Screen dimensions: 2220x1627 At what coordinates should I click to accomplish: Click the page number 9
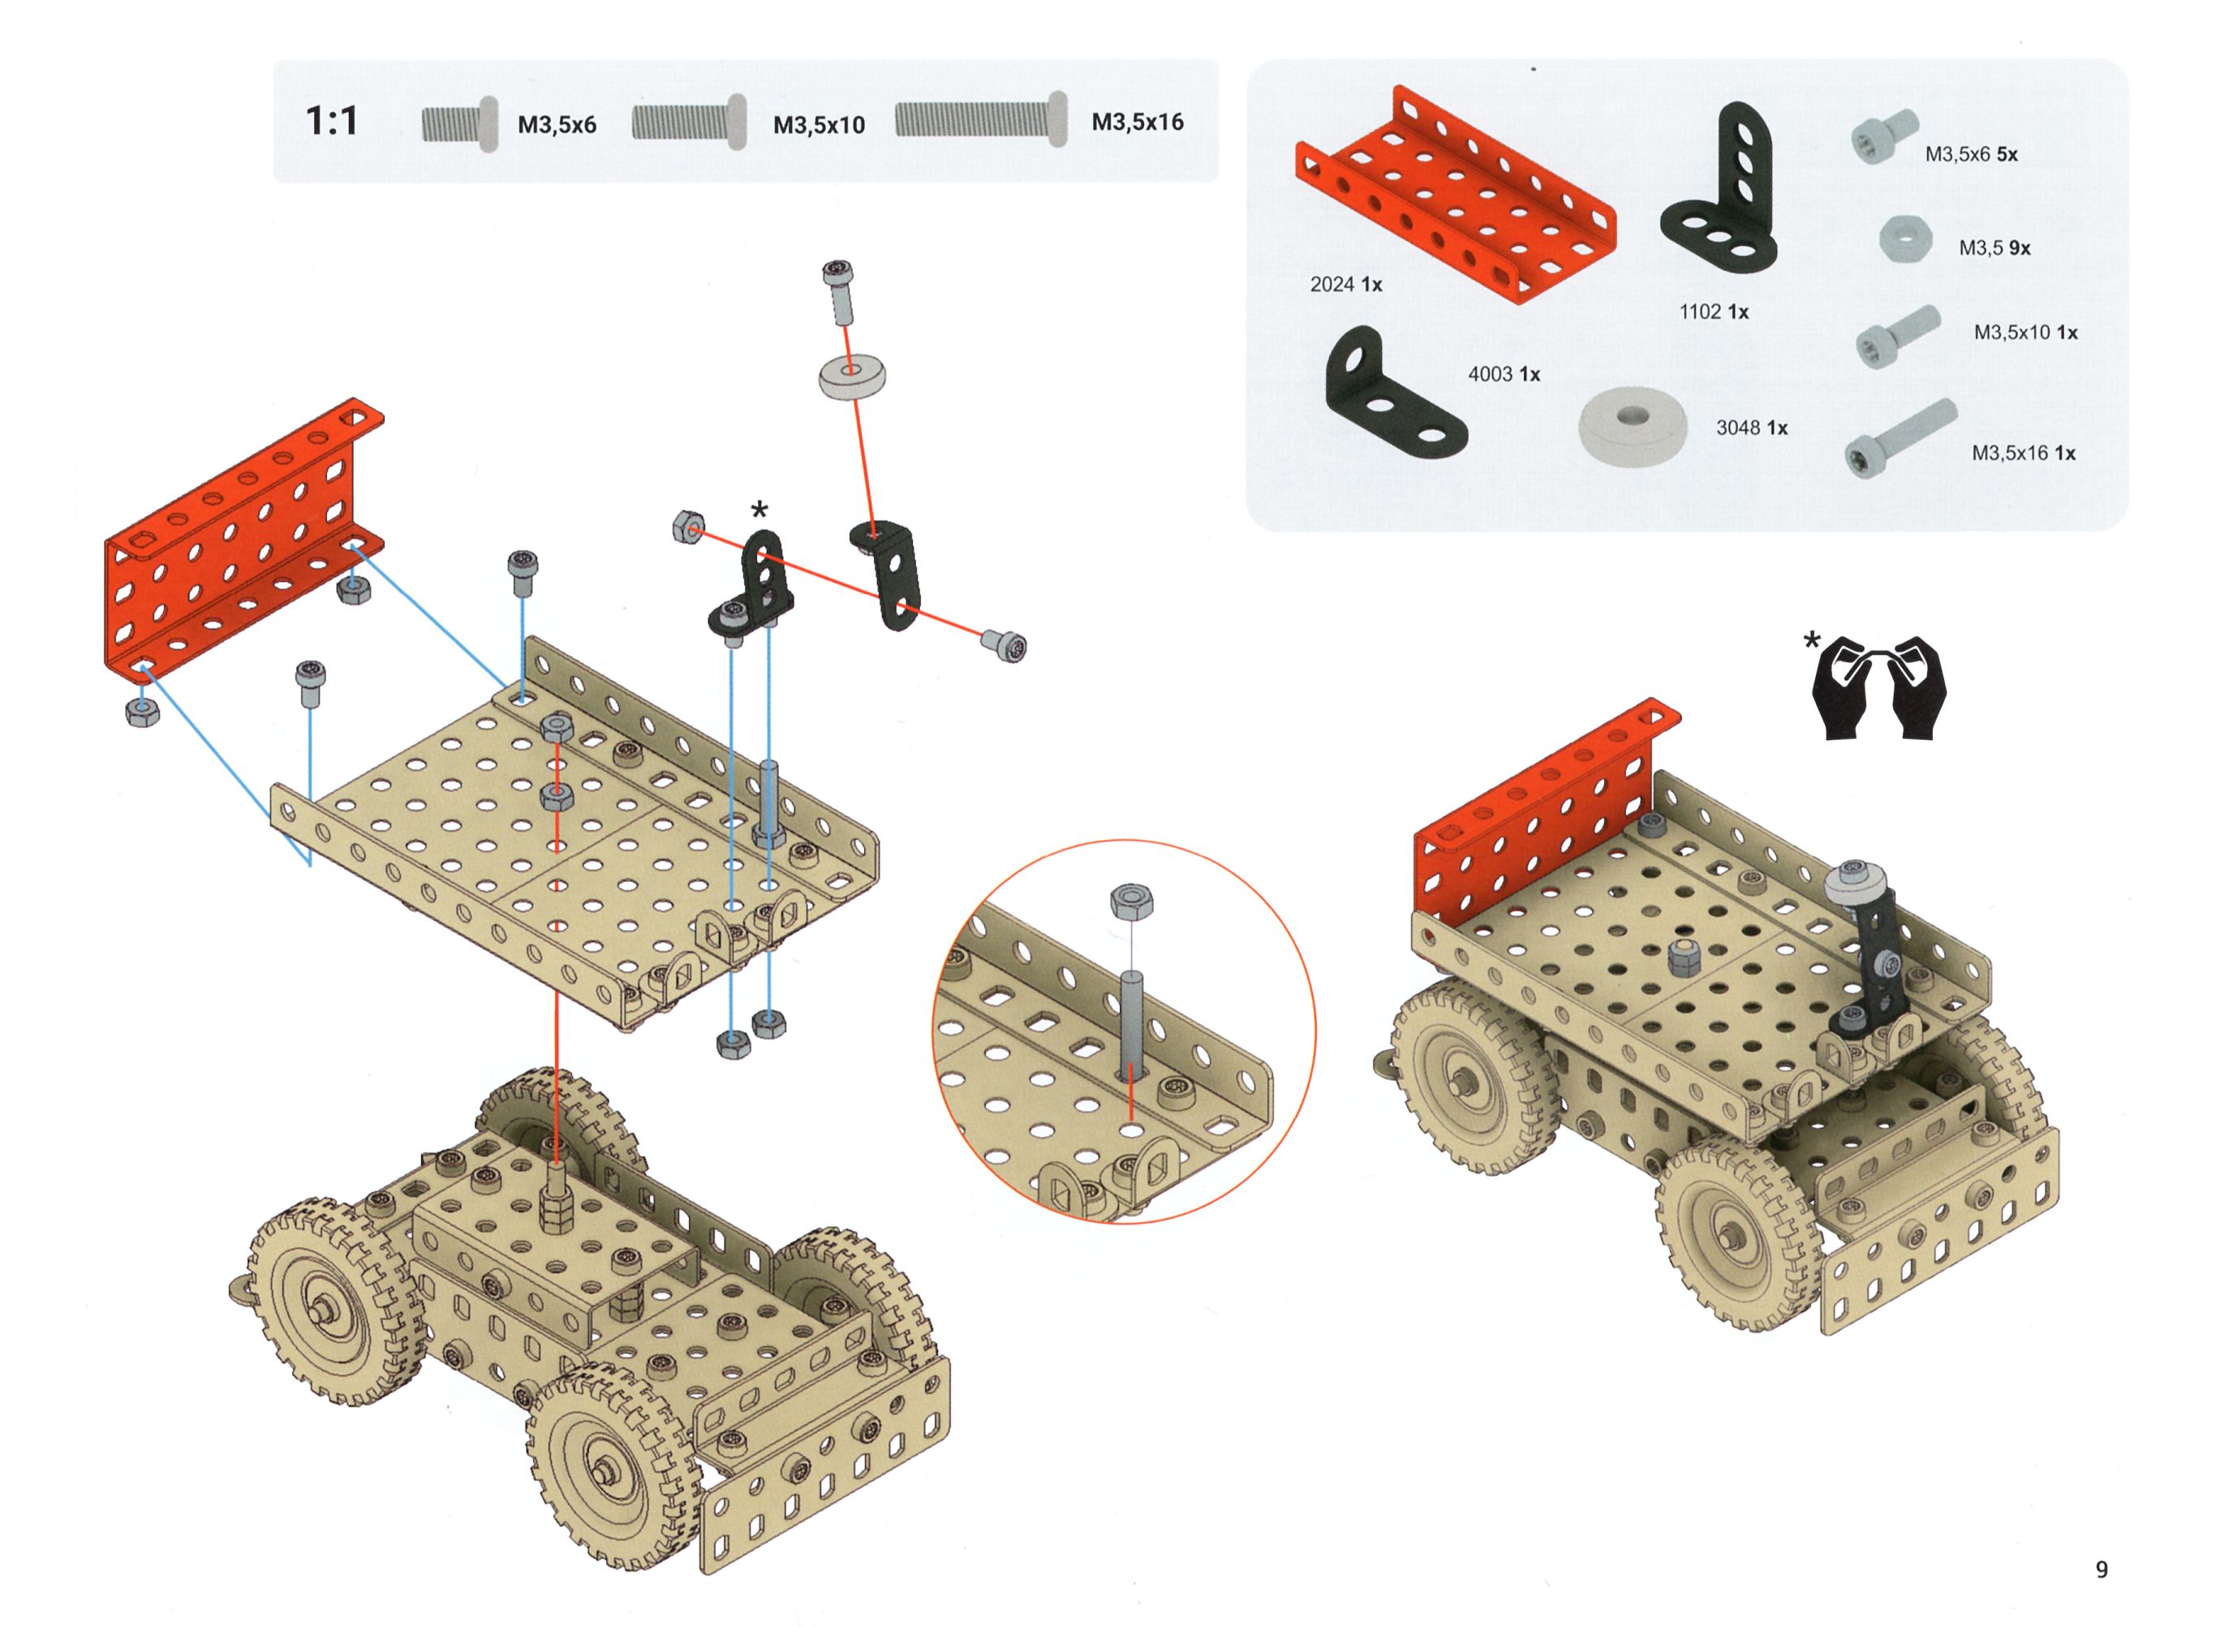click(2101, 1569)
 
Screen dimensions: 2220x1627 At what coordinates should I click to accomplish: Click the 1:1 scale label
click(332, 121)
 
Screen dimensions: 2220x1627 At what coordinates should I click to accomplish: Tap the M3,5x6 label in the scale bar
click(557, 125)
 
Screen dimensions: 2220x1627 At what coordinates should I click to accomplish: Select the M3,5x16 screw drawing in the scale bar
click(981, 119)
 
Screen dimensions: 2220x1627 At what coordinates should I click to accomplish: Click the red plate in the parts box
click(1455, 193)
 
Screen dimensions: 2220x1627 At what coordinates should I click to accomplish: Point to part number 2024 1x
click(1345, 285)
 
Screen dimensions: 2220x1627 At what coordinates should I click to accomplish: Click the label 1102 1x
click(1714, 312)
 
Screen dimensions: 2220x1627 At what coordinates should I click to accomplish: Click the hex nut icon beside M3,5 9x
click(1907, 239)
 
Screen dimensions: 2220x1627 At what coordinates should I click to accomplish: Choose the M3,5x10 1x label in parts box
click(2025, 333)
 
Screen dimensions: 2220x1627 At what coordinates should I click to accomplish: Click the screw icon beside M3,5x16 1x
click(1899, 441)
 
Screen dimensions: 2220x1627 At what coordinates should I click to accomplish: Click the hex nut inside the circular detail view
click(1132, 902)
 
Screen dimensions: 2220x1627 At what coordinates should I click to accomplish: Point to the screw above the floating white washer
click(838, 292)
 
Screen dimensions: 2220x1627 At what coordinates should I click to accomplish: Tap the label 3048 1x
click(1752, 428)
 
